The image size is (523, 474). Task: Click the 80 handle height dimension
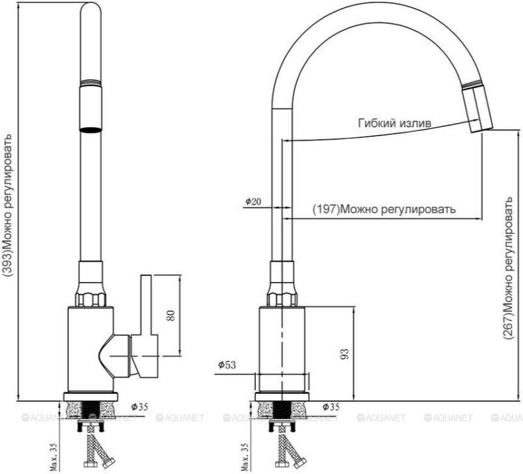(x=171, y=315)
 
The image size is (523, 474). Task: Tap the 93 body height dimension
(x=345, y=354)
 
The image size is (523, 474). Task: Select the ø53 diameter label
(x=227, y=365)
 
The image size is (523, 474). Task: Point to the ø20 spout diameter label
(x=253, y=201)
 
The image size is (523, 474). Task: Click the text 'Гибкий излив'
(x=395, y=123)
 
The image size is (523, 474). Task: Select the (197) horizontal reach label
(x=384, y=209)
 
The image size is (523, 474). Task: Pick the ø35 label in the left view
(x=139, y=407)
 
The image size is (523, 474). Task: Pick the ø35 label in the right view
(x=332, y=407)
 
